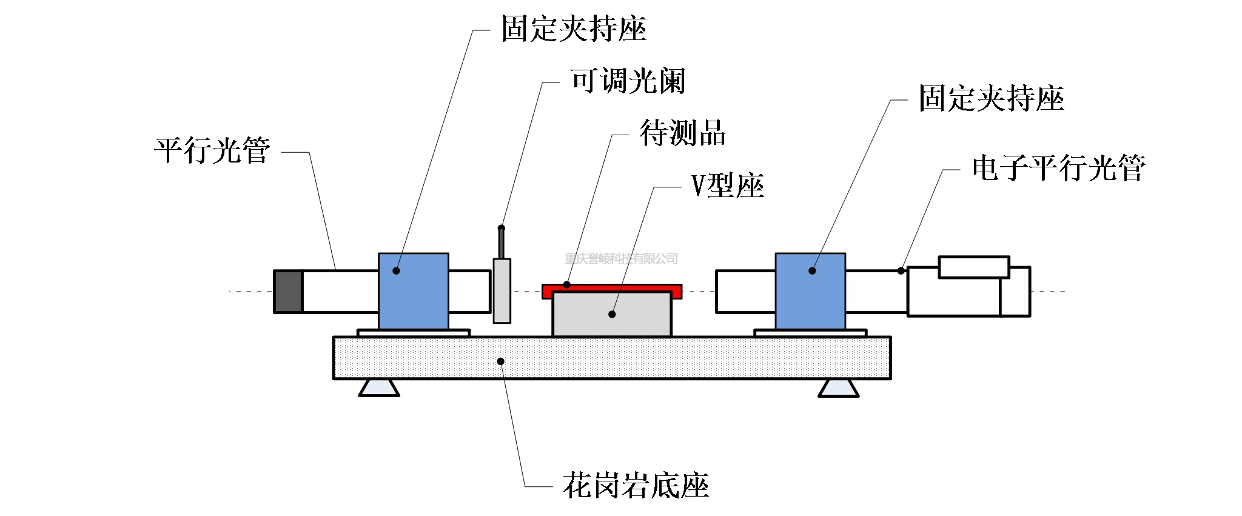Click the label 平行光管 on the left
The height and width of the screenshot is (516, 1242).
(212, 150)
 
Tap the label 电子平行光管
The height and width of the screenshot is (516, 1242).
(1058, 168)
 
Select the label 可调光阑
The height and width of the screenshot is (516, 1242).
(628, 81)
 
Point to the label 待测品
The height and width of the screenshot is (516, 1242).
(682, 133)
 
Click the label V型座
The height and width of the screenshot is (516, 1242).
(727, 186)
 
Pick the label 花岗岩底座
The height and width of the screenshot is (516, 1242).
(636, 485)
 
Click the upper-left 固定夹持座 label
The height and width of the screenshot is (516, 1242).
(573, 29)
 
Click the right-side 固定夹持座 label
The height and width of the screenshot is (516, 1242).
(991, 98)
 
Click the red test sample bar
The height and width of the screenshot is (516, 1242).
(611, 288)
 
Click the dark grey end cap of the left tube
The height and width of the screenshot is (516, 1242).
(288, 292)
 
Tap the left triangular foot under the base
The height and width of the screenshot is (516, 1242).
(378, 388)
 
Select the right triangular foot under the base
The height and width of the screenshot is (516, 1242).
(838, 388)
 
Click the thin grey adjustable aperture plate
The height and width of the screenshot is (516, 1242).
(502, 291)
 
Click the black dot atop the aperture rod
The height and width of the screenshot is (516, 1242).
(501, 228)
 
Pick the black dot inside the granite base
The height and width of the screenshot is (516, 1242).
(500, 361)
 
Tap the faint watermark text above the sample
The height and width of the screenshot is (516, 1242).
(620, 259)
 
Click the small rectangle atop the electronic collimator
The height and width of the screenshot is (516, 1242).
(973, 267)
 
